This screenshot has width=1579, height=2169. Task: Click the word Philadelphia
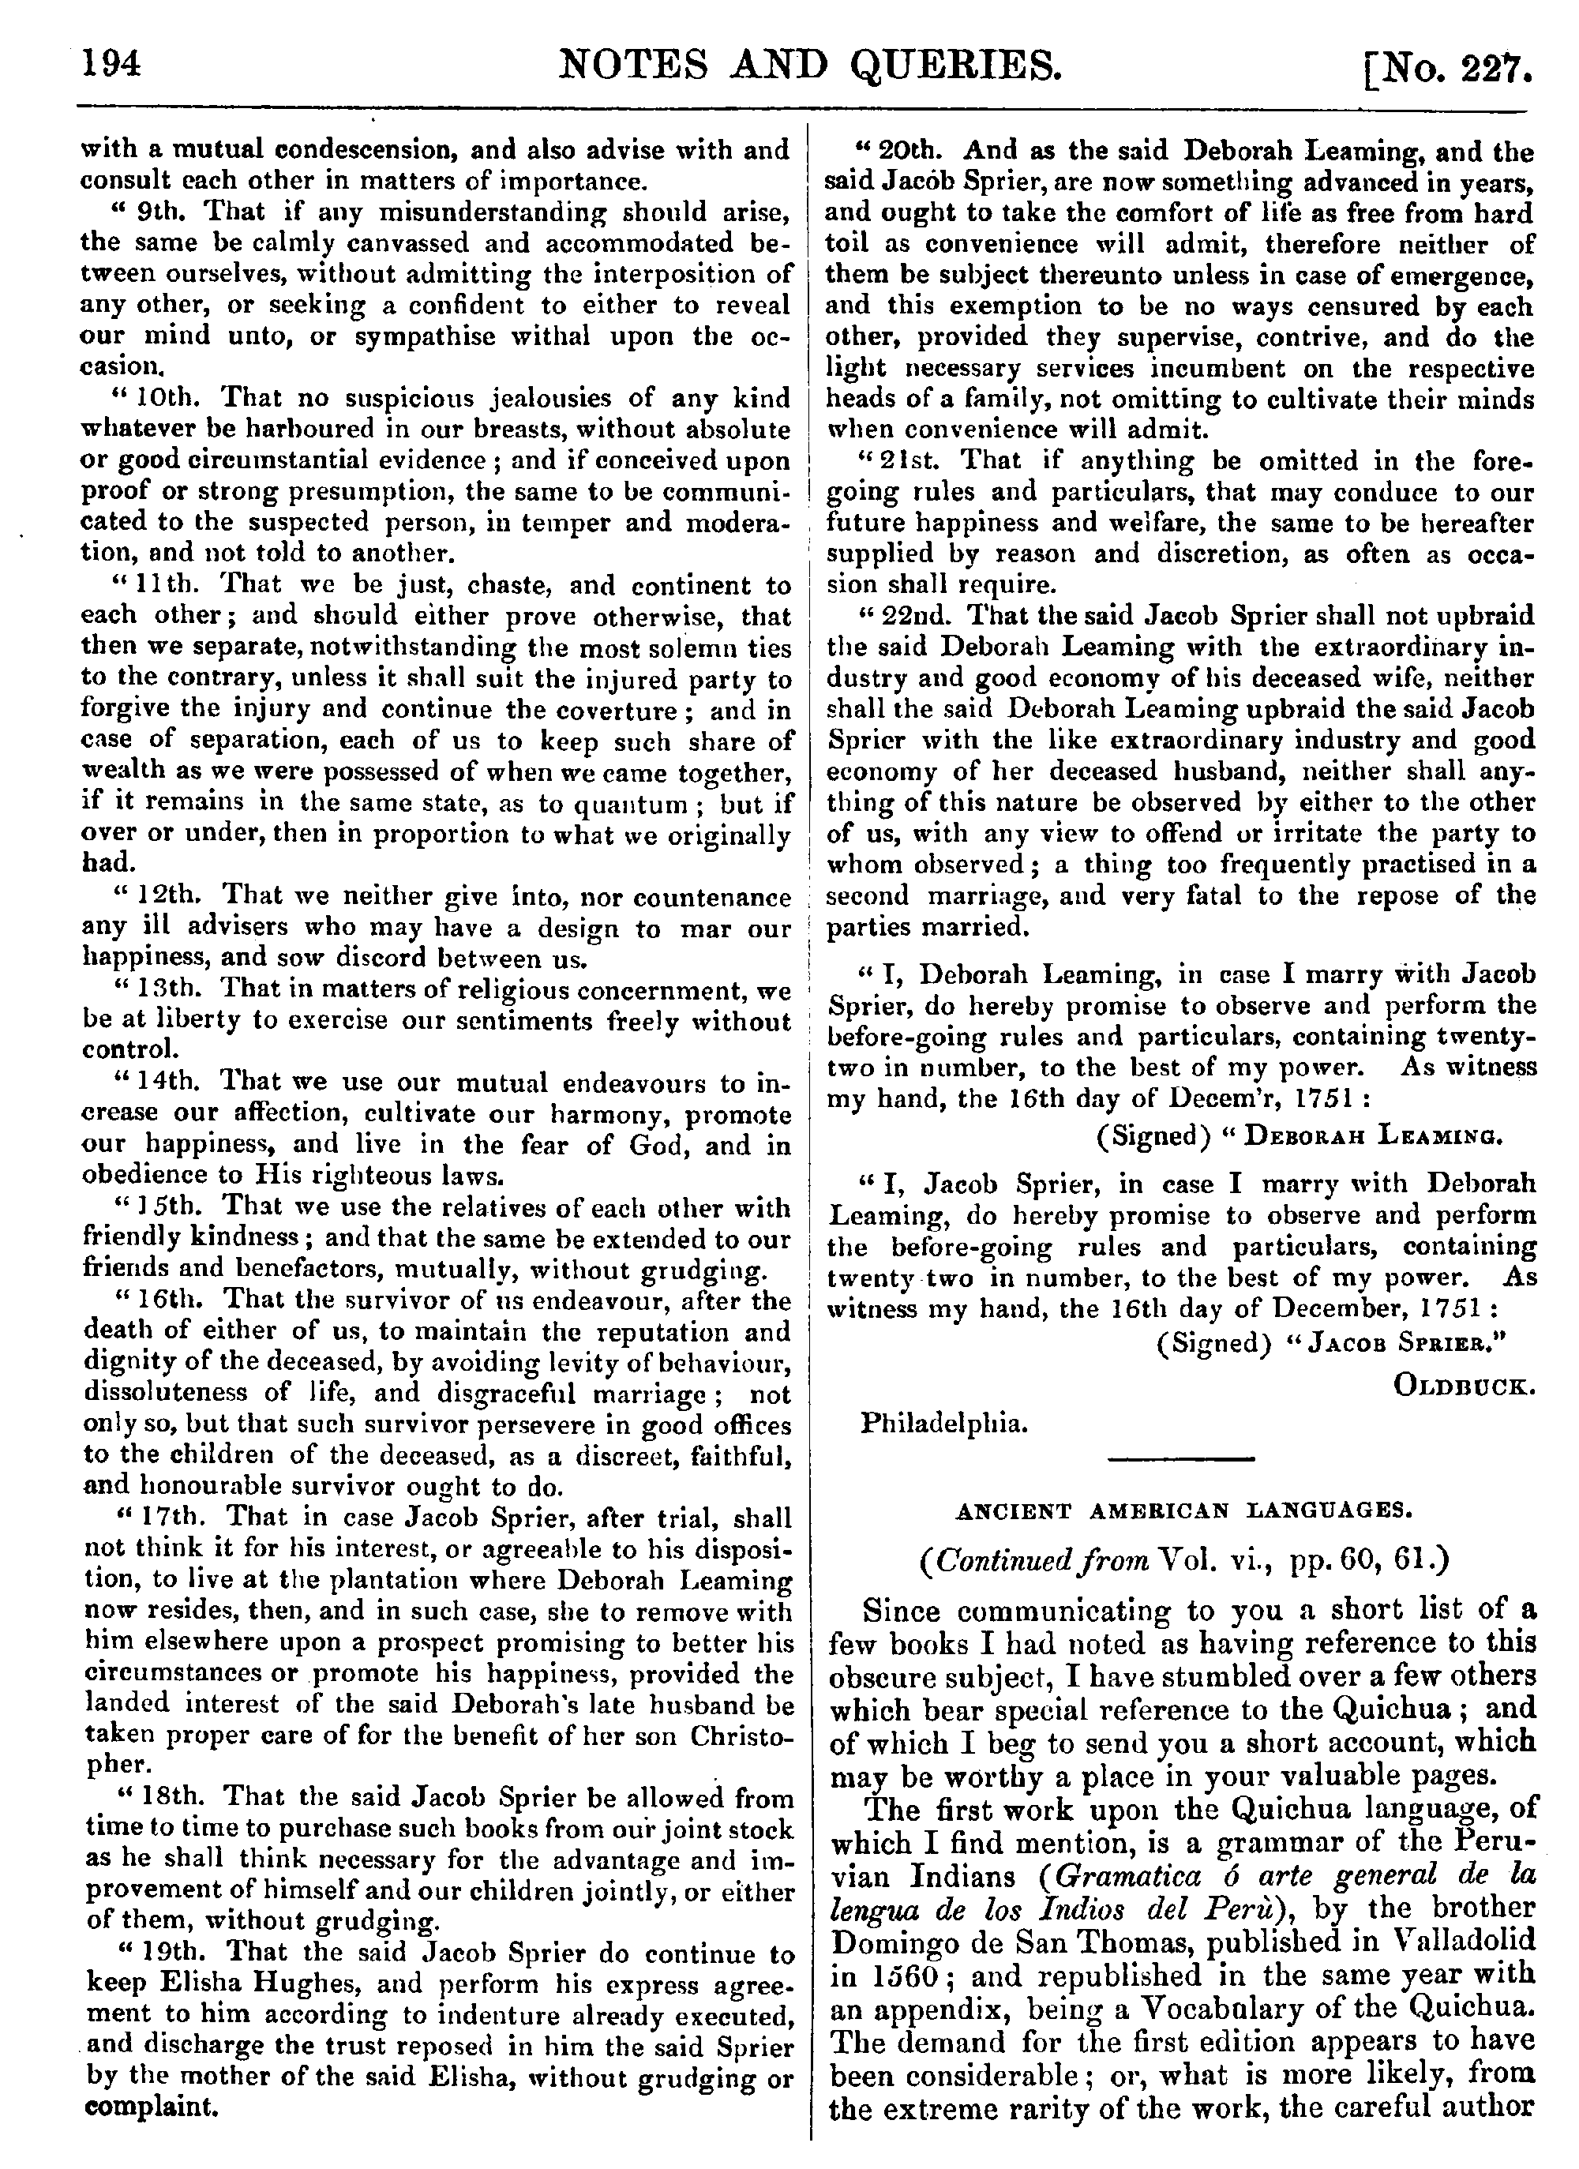[945, 1424]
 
